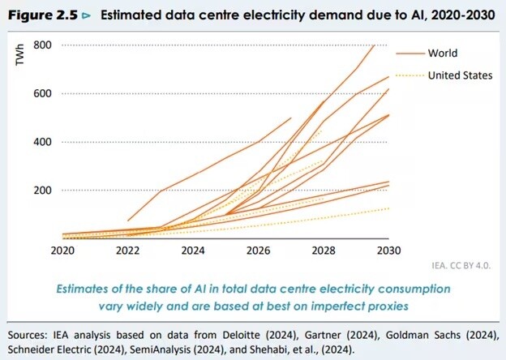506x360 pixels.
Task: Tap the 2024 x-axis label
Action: (x=193, y=250)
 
